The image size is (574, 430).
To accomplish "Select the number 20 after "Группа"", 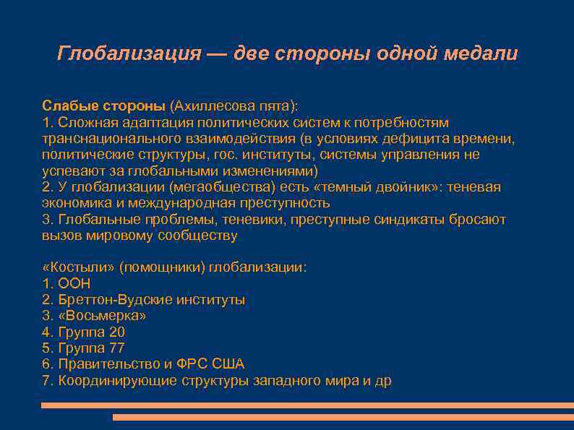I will click(117, 332).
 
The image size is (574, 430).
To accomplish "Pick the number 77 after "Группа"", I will click(117, 348).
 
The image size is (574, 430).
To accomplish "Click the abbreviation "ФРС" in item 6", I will click(191, 364).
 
